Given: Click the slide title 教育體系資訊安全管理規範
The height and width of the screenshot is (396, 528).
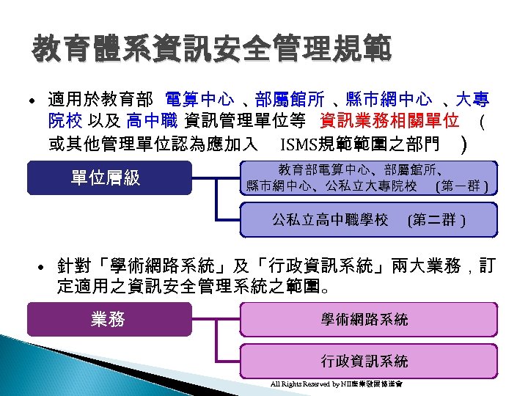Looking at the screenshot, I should click(210, 50).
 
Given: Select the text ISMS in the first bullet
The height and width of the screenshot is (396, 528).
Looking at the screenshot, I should click(296, 142).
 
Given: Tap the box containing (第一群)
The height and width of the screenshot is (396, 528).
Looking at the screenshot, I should click(369, 177).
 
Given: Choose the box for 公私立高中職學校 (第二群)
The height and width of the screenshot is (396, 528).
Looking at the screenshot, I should click(369, 219).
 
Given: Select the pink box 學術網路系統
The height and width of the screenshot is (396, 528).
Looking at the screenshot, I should click(364, 319).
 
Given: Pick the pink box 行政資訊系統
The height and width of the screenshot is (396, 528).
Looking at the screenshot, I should click(364, 361).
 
